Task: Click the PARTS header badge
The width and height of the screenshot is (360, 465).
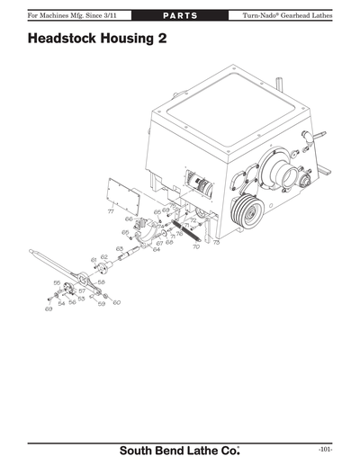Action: pos(180,16)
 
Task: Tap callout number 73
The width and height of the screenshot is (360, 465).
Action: pos(216,243)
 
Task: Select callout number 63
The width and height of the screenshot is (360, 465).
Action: pos(119,247)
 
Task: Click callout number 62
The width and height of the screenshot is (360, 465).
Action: pos(104,257)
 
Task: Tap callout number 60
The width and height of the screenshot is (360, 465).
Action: pos(117,302)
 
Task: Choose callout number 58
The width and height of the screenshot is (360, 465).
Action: pos(101,282)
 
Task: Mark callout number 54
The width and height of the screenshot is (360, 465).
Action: pos(60,304)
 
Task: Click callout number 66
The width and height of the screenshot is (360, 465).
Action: pos(129,219)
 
